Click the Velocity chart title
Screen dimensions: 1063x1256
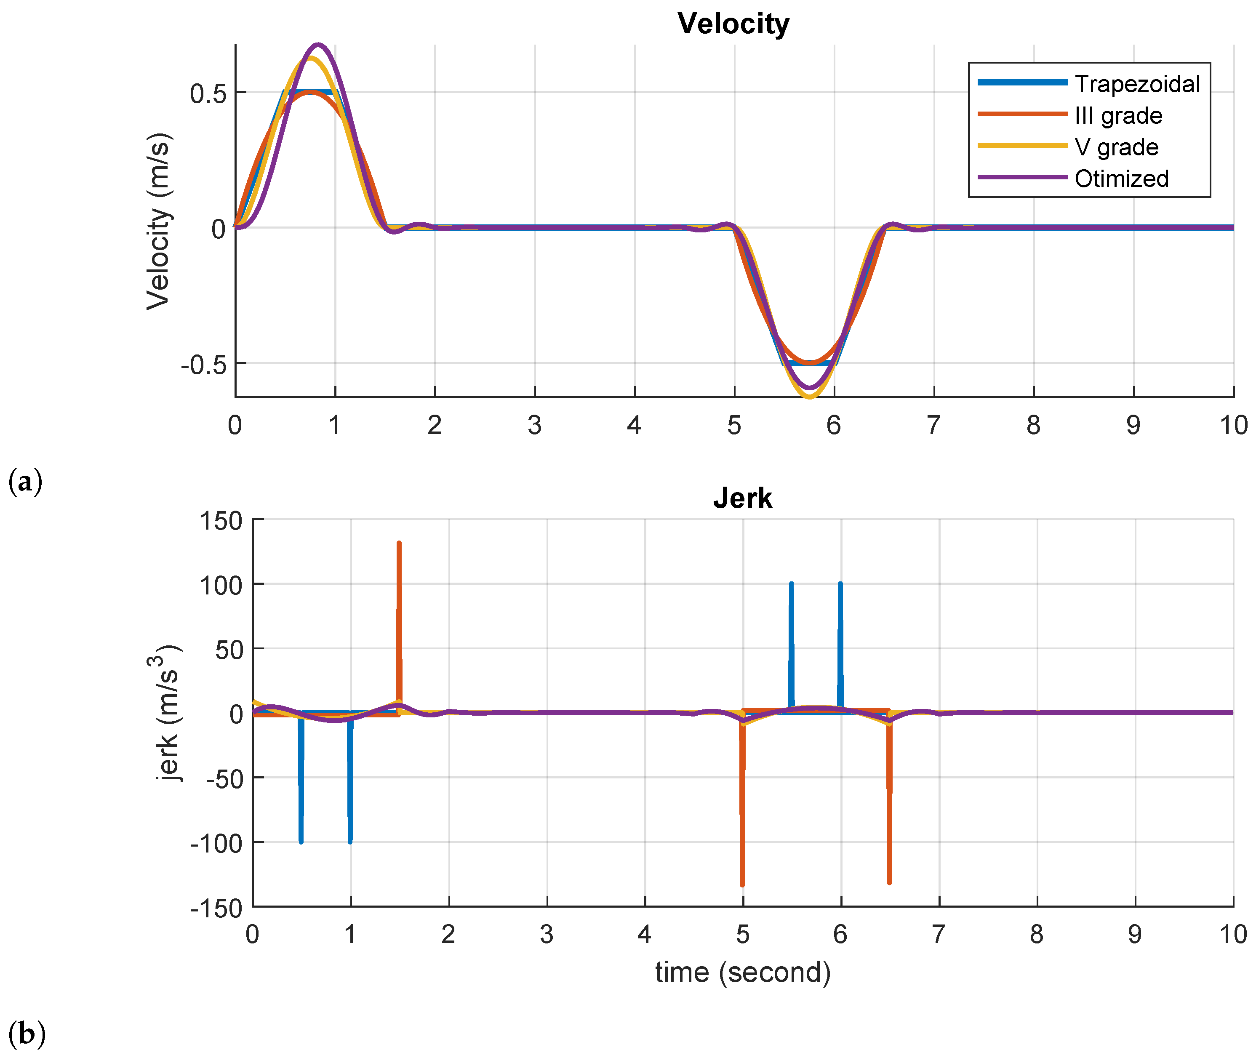click(733, 24)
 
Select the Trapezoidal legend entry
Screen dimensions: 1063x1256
click(1137, 84)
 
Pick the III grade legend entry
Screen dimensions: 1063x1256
click(1118, 116)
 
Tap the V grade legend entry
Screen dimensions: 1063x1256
click(1116, 147)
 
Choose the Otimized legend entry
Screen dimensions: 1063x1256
click(1121, 178)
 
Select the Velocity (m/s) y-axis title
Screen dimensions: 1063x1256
click(159, 221)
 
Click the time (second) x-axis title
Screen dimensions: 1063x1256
click(742, 972)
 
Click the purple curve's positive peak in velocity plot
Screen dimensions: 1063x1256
click(318, 45)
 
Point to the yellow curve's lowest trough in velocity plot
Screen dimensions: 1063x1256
click(809, 397)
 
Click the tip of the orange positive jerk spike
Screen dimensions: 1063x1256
click(399, 543)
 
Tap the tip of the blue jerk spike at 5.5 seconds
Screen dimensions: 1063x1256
click(791, 584)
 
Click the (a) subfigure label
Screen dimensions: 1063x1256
click(25, 482)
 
